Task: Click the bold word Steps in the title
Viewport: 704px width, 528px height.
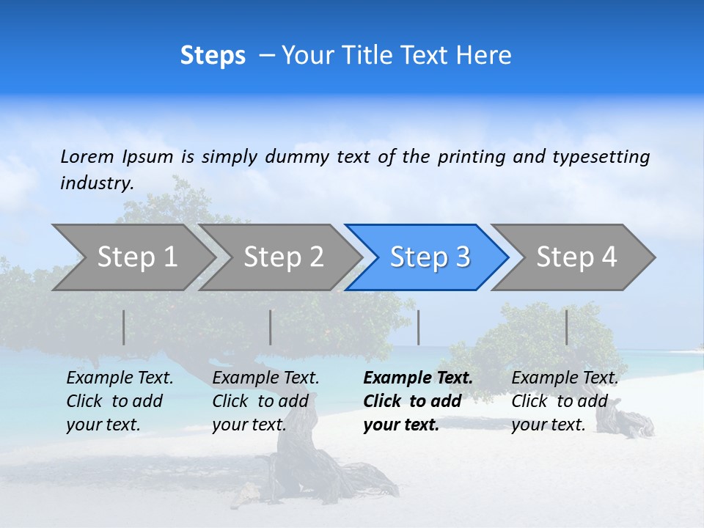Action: [x=213, y=56]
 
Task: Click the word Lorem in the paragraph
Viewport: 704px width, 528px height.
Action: [x=87, y=156]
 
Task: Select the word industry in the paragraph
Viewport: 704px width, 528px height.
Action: [x=96, y=183]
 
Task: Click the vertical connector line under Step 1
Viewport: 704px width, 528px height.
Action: [x=124, y=327]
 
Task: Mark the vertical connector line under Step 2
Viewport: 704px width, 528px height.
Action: [x=271, y=327]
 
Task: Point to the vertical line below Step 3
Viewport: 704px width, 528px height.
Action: [x=418, y=327]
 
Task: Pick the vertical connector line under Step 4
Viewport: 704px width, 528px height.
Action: [x=566, y=327]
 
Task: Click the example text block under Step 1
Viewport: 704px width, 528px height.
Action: [x=120, y=401]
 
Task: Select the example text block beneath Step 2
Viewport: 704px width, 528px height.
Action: [x=265, y=401]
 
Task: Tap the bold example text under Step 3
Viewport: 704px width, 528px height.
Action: [x=417, y=401]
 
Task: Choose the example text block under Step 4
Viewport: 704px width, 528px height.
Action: [x=565, y=401]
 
